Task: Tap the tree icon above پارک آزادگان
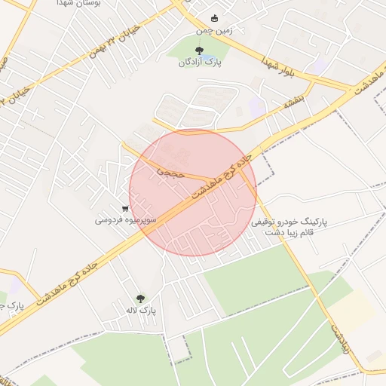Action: (x=199, y=51)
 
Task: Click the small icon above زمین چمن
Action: (x=214, y=18)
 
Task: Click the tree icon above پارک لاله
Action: (x=139, y=298)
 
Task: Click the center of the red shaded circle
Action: (x=193, y=193)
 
